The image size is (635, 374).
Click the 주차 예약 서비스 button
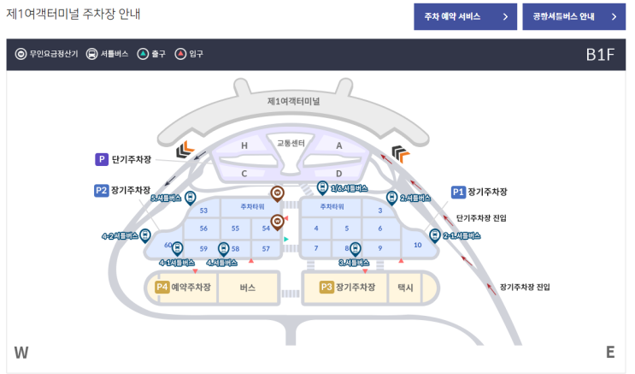point(464,16)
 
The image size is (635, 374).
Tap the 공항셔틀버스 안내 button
point(574,16)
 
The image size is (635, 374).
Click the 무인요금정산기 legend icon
point(21,54)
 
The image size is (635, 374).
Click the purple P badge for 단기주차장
point(102,159)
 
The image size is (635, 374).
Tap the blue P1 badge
point(458,192)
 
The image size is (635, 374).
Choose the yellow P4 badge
point(162,288)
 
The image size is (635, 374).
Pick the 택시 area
point(405,288)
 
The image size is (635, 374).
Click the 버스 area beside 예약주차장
point(248,288)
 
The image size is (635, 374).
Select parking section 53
point(203,211)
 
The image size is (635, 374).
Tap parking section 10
point(417,246)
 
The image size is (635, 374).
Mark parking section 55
point(235,229)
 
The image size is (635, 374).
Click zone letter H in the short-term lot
point(244,146)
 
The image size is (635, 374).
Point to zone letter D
point(338,173)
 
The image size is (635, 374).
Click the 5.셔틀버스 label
point(165,198)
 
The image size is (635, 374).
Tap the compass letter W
point(21,353)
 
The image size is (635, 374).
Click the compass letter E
point(610,353)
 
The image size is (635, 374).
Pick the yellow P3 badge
point(326,288)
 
